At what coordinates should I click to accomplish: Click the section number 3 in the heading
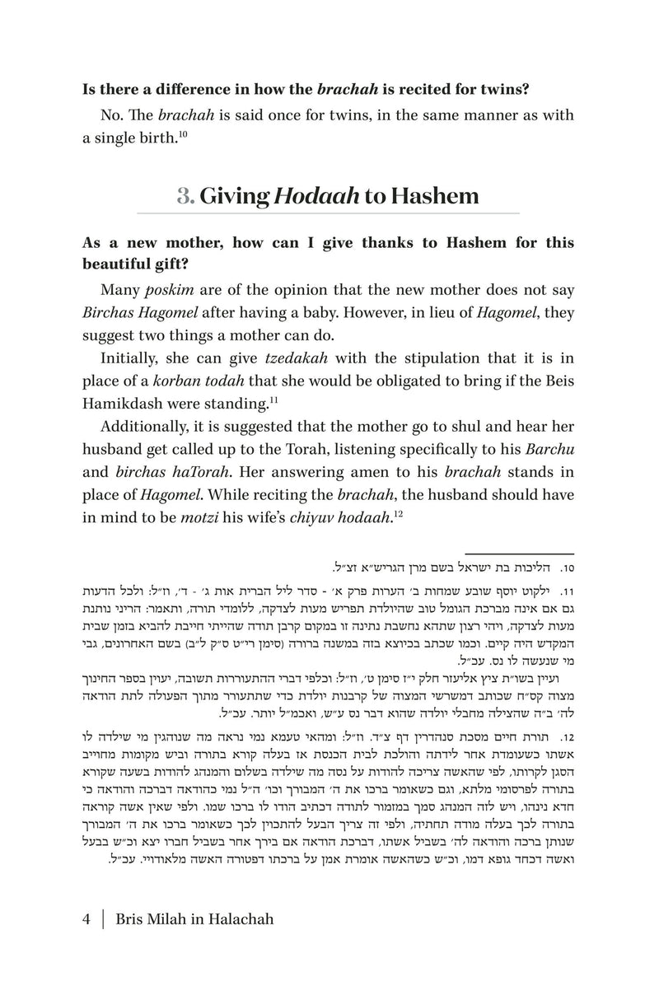point(185,198)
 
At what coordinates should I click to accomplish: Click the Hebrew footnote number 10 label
point(566,568)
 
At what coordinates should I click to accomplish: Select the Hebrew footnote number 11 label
point(566,591)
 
